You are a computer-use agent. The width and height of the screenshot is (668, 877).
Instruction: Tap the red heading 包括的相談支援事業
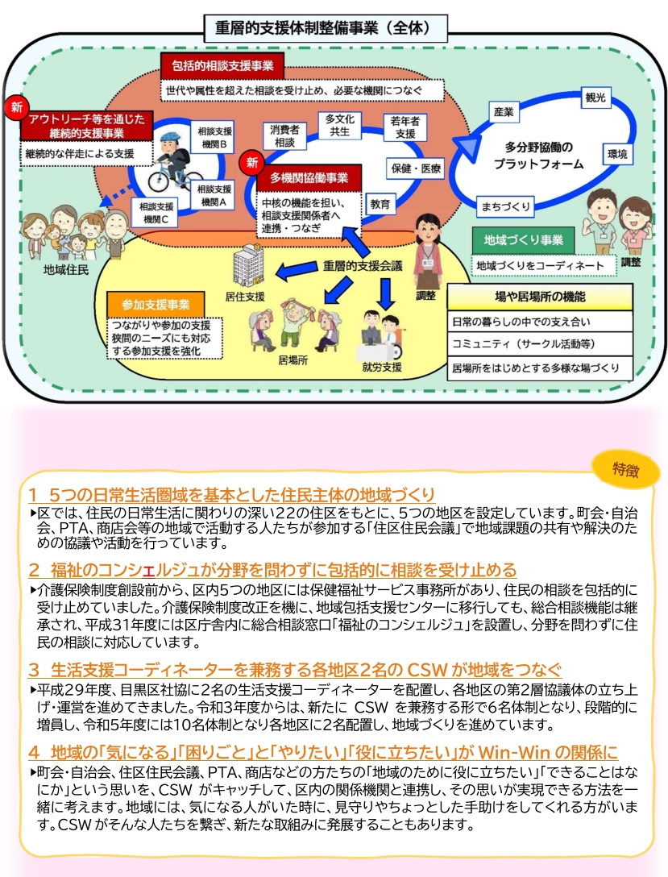click(216, 64)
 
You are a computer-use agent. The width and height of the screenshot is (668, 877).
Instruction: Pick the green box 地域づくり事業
click(523, 240)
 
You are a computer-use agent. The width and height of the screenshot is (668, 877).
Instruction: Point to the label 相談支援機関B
click(214, 137)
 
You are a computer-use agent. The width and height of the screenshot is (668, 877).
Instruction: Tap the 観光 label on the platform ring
click(595, 98)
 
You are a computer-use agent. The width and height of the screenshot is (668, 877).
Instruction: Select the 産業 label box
click(504, 112)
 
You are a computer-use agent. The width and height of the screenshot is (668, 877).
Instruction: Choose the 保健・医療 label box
click(414, 168)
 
